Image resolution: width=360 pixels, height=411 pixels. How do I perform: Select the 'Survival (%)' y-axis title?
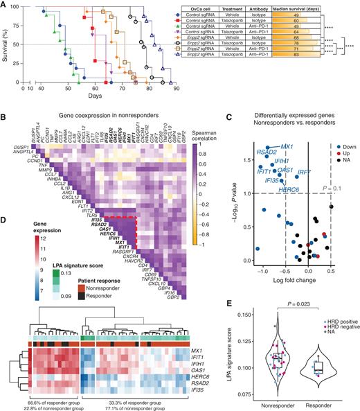coord(7,44)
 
